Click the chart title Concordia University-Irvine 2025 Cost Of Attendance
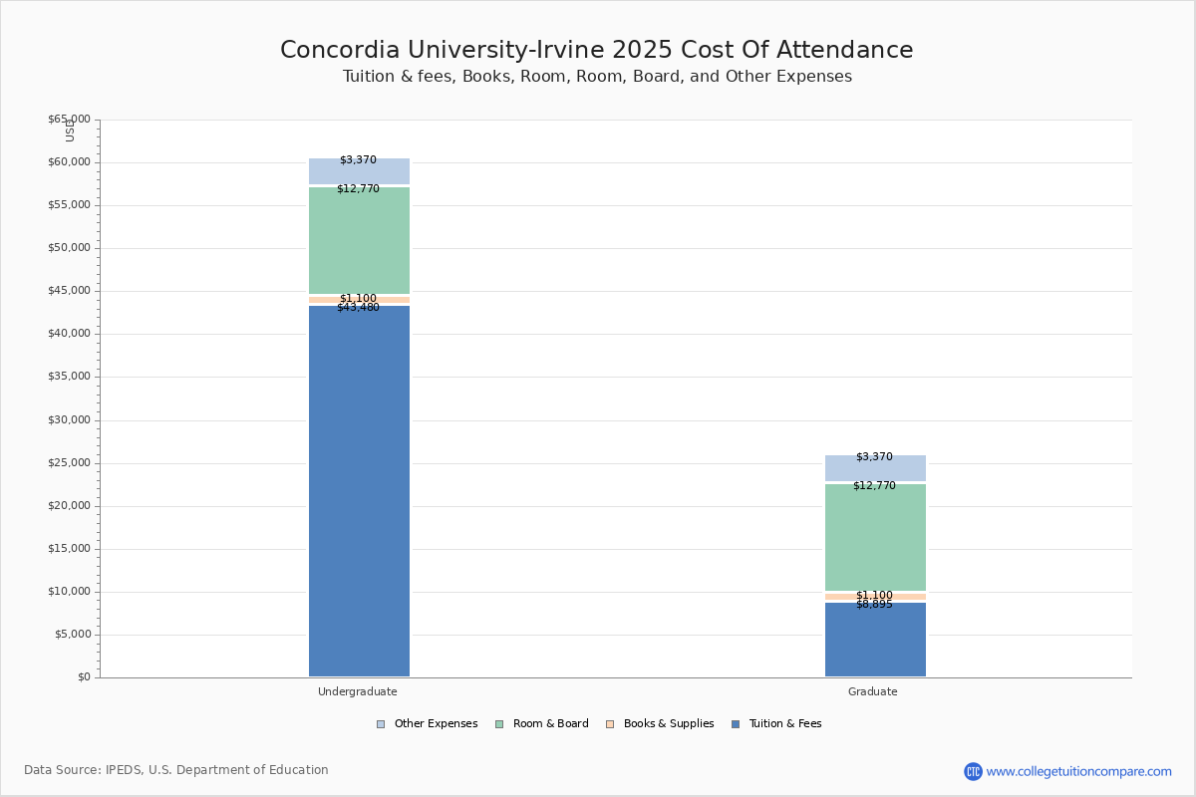(x=596, y=51)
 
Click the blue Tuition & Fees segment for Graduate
(x=875, y=643)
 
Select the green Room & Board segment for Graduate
(x=875, y=538)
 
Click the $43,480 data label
(x=358, y=308)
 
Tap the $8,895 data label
(x=874, y=605)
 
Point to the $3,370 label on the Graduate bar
(x=874, y=457)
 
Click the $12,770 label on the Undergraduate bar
(x=358, y=189)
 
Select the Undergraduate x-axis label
(x=358, y=691)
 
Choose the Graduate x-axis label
(x=873, y=691)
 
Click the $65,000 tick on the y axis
(x=69, y=120)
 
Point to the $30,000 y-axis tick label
(x=69, y=420)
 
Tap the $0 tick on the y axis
(x=83, y=677)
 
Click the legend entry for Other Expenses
(x=436, y=724)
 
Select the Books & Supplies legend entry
(x=668, y=724)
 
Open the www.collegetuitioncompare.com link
(x=1078, y=771)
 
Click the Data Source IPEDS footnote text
(x=176, y=770)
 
